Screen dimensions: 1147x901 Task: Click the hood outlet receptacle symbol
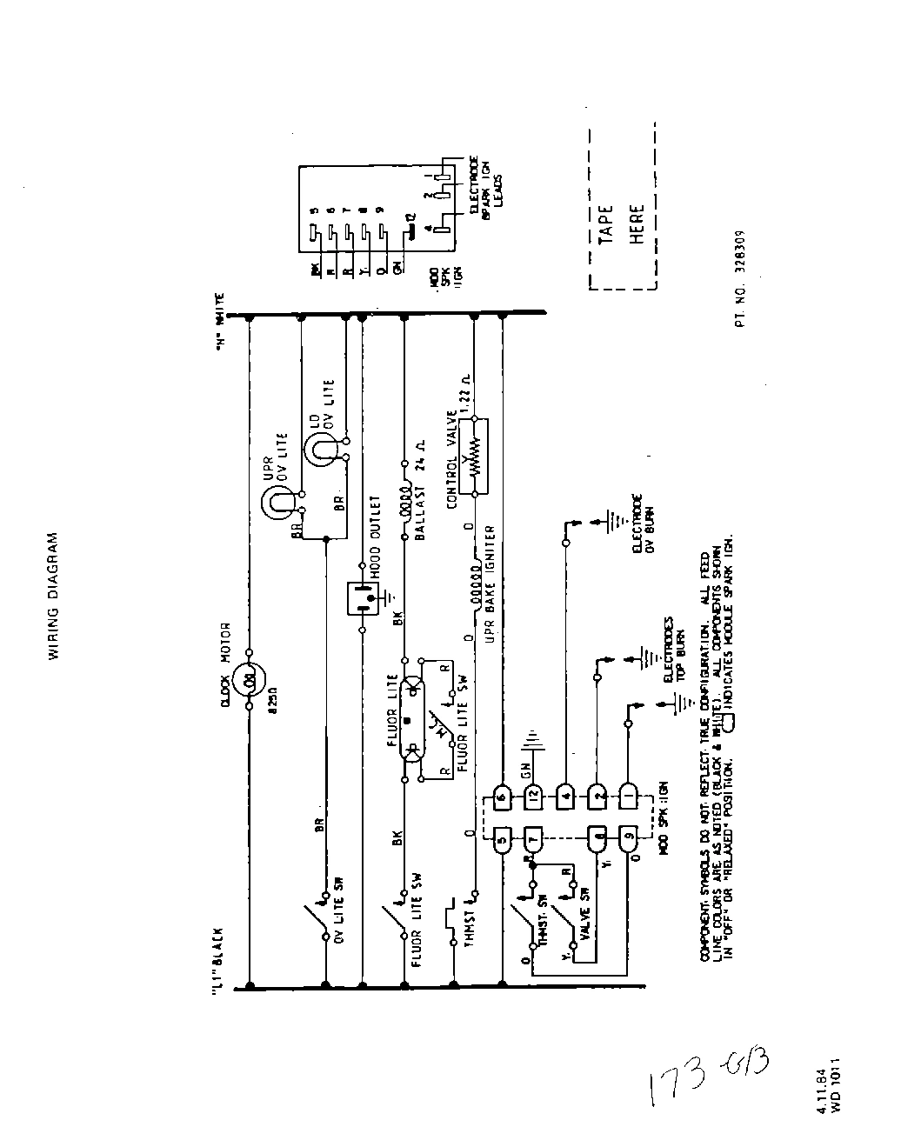point(362,598)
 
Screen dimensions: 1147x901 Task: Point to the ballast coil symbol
point(404,503)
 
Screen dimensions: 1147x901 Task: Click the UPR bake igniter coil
point(475,577)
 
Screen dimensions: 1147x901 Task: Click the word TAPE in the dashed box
point(607,223)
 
